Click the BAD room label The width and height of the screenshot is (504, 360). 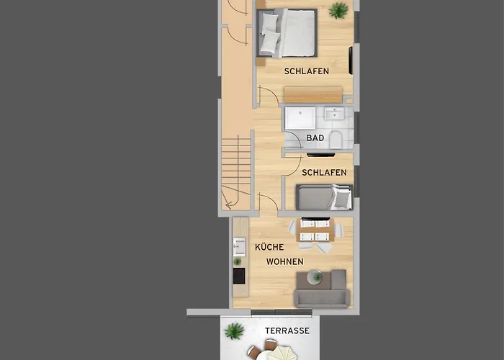(x=315, y=138)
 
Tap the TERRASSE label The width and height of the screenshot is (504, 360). (x=287, y=330)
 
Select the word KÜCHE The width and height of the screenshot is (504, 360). (x=269, y=247)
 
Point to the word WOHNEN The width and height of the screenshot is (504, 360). (x=285, y=261)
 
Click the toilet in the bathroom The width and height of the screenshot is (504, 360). (x=336, y=140)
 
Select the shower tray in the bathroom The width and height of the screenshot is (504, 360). (x=300, y=118)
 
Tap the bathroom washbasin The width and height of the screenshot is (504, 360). (x=334, y=114)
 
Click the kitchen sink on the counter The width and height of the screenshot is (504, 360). (x=239, y=247)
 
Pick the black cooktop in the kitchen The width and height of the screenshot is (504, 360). (x=239, y=276)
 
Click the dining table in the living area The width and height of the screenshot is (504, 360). (x=315, y=230)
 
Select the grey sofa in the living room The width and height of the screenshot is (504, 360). (x=322, y=289)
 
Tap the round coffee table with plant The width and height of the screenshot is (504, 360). (x=315, y=277)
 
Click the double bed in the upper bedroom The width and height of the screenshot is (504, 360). (x=287, y=33)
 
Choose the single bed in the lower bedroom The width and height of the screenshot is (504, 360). (x=324, y=197)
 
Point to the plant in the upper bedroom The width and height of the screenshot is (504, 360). (x=338, y=10)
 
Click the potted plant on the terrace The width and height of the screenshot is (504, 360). (x=234, y=331)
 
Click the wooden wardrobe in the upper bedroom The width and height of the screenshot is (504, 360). (x=312, y=94)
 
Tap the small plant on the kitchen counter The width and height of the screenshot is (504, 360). (x=237, y=261)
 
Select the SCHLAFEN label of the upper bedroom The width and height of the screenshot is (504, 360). (x=307, y=71)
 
